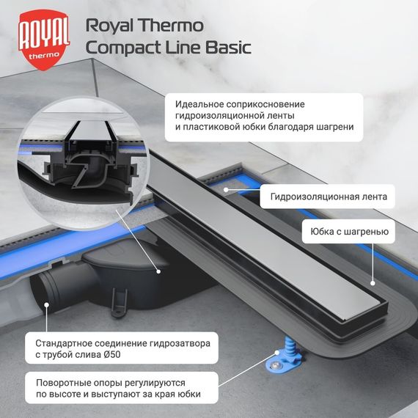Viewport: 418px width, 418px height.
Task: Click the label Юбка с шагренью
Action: pyautogui.click(x=349, y=235)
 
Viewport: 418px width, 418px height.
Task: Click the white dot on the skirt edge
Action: pyautogui.click(x=373, y=282)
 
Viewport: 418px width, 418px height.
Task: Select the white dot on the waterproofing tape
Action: pyautogui.click(x=226, y=189)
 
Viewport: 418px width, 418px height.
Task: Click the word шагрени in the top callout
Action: pyautogui.click(x=335, y=127)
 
